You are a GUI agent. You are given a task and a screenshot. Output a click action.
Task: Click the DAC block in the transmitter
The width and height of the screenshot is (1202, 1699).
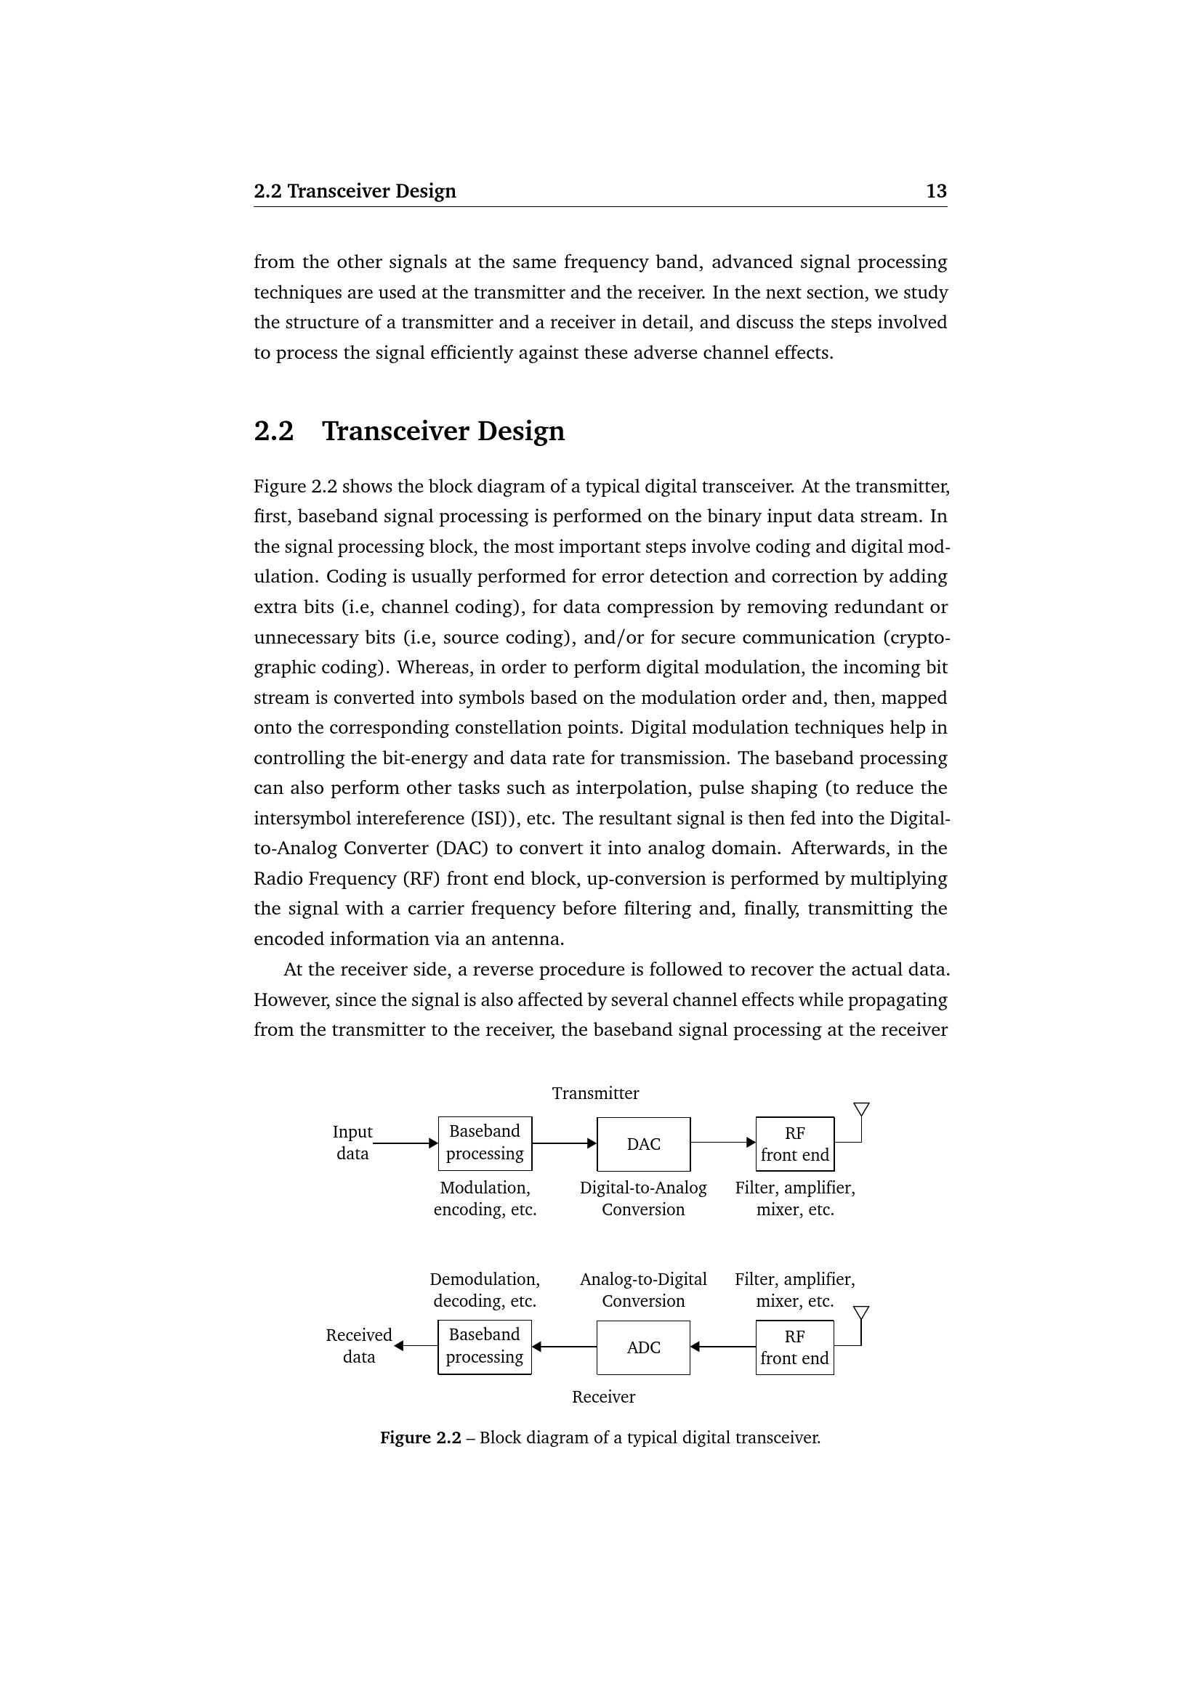pos(643,1144)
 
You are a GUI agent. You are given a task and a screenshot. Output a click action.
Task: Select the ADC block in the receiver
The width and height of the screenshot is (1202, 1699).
pos(643,1347)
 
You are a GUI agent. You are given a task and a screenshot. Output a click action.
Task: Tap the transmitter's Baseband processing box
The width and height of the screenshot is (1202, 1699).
pos(485,1143)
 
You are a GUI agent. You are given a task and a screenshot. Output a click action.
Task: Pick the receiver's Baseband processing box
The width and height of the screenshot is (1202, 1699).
pos(485,1347)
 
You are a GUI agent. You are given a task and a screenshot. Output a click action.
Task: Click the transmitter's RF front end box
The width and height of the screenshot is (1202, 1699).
pos(794,1144)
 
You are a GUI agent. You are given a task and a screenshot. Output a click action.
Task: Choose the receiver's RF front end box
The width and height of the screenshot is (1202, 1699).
pos(794,1347)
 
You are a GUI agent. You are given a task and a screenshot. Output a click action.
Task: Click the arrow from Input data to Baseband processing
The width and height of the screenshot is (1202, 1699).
pos(406,1143)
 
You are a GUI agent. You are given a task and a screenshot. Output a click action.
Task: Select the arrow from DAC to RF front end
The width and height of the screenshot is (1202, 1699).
pos(722,1143)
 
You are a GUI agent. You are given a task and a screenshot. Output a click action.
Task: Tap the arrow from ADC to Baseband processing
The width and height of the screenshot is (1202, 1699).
pos(564,1347)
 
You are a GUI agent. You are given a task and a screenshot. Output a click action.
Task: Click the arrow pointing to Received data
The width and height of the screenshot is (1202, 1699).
pos(415,1346)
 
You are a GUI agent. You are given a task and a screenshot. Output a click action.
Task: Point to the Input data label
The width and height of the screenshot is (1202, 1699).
pos(352,1143)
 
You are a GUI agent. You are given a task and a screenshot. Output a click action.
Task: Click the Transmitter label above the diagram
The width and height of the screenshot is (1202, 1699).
pos(595,1093)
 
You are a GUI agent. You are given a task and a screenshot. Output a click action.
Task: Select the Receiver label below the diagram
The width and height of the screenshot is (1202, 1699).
pos(603,1396)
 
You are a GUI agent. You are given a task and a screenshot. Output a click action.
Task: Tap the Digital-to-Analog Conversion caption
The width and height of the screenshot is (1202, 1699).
pos(643,1198)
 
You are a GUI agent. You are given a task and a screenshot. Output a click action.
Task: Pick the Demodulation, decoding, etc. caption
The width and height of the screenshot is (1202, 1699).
pos(485,1290)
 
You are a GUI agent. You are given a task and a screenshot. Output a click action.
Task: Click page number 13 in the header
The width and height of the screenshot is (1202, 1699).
pos(936,191)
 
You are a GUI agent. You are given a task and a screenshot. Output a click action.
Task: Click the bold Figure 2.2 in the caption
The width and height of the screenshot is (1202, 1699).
pos(420,1437)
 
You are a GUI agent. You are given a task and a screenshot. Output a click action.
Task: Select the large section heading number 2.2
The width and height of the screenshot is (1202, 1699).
pos(274,431)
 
